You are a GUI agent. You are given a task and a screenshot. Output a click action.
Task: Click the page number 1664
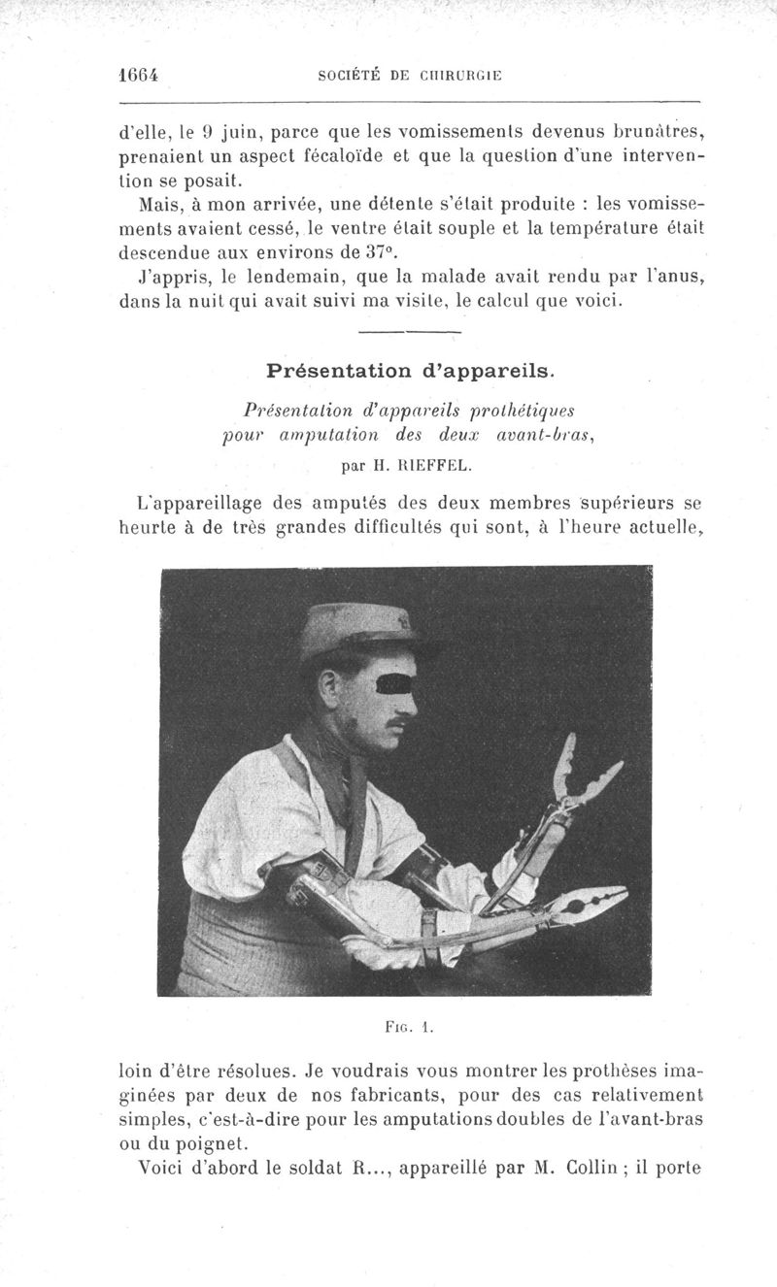pyautogui.click(x=136, y=77)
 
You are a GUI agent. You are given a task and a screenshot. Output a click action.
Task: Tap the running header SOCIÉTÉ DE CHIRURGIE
pyautogui.click(x=409, y=78)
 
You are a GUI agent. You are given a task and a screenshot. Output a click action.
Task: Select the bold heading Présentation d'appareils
pyautogui.click(x=410, y=370)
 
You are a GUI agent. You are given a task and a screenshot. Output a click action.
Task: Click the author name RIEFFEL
pyautogui.click(x=434, y=464)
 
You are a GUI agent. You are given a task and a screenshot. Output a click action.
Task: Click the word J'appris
pyautogui.click(x=169, y=280)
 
